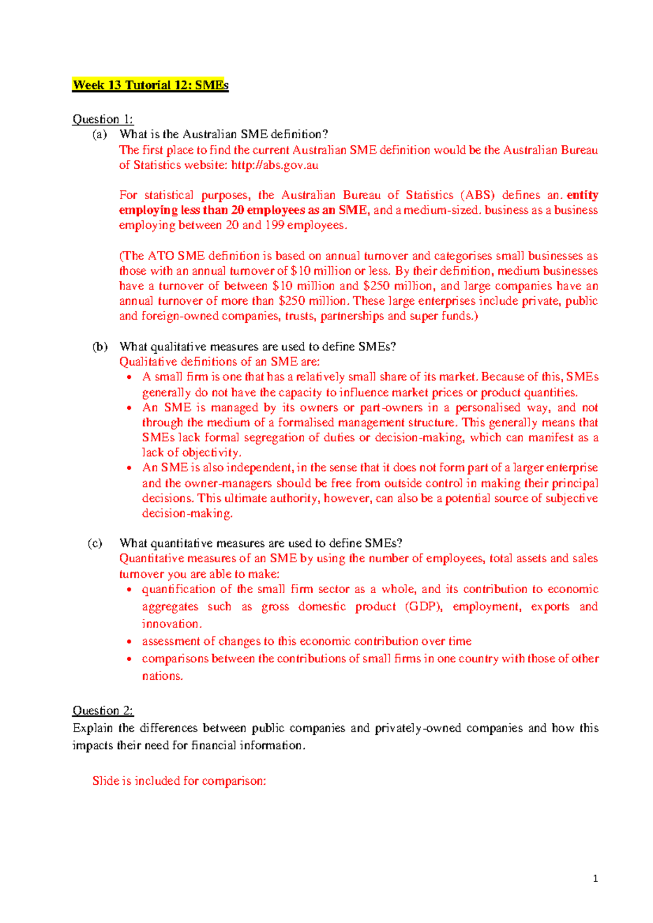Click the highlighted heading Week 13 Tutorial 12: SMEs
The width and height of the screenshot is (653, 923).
point(150,85)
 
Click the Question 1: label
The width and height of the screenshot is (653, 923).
point(103,119)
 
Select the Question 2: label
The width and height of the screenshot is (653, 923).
point(103,711)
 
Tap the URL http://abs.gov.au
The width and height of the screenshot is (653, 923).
point(275,165)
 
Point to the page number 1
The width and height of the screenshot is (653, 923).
point(596,878)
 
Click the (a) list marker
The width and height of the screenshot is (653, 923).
point(99,134)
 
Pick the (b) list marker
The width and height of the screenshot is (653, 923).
point(100,347)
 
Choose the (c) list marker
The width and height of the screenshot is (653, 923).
point(95,543)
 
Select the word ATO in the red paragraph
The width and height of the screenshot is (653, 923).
point(161,256)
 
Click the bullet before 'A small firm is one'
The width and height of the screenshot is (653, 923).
point(129,378)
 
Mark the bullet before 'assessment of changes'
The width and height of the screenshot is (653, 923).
point(129,642)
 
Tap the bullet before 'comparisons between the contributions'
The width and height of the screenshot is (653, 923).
point(129,660)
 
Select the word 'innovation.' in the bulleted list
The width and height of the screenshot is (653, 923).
point(172,624)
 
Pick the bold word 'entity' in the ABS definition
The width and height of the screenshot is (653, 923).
point(582,195)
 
